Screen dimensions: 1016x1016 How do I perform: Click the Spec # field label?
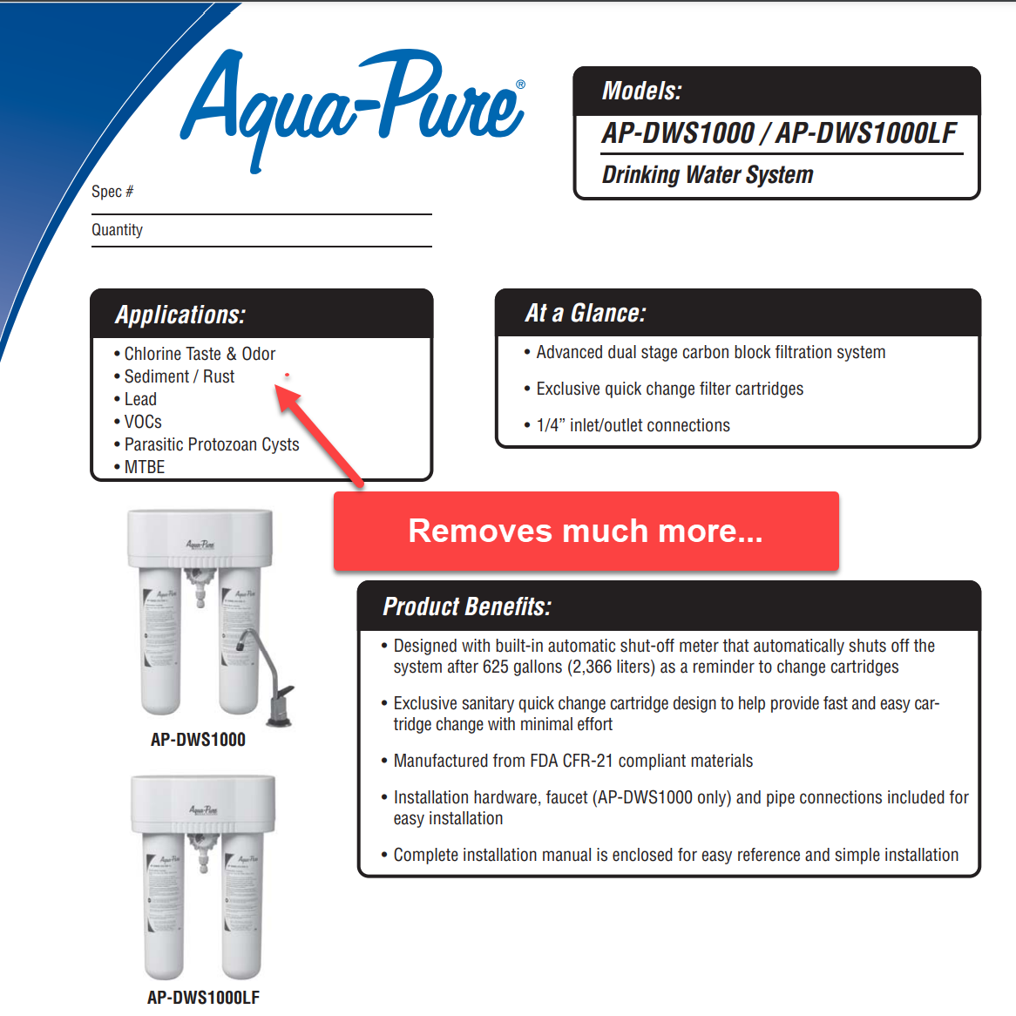112,192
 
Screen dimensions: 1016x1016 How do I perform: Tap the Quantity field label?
117,230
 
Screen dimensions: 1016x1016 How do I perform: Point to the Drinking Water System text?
707,175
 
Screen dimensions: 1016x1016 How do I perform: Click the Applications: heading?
180,315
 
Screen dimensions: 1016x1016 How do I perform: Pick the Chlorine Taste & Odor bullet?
200,354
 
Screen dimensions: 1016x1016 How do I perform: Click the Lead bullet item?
140,399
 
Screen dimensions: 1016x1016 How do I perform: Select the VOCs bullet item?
143,422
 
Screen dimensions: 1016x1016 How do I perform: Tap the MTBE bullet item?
145,467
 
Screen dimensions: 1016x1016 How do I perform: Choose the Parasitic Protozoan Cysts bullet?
212,444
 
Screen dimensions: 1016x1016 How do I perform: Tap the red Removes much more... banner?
586,531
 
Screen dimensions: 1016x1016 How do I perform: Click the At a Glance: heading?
585,314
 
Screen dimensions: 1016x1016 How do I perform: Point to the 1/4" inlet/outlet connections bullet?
633,425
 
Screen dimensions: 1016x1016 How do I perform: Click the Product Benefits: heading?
467,606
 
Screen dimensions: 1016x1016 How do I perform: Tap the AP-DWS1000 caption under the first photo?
198,740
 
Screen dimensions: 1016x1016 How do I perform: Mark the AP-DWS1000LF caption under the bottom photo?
203,998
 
